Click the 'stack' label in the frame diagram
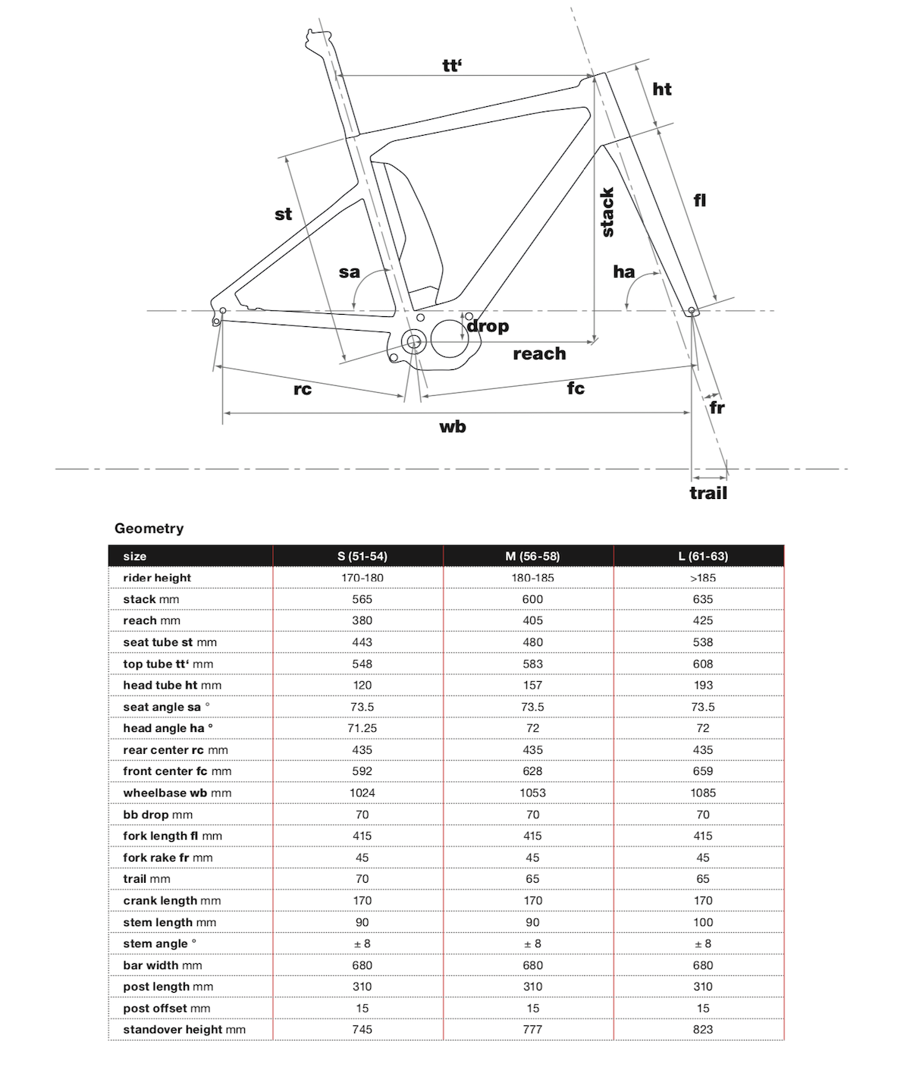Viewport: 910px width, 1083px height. [607, 213]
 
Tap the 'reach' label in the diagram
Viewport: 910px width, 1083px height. [539, 354]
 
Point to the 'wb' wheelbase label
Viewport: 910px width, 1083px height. [453, 427]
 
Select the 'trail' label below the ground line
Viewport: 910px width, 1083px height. [708, 494]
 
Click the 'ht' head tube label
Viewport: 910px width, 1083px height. [662, 89]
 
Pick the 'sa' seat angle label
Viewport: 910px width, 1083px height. [349, 272]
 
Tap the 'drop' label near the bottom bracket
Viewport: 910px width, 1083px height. [488, 326]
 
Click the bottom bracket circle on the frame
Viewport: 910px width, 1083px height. [413, 342]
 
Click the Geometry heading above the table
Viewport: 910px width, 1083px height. [149, 529]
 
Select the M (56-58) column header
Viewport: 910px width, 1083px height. [532, 556]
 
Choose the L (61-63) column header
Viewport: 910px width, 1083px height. [703, 556]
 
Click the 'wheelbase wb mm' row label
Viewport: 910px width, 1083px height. [177, 793]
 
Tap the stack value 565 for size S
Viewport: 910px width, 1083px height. [362, 599]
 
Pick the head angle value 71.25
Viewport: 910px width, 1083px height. [362, 728]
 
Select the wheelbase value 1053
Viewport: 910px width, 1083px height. [532, 793]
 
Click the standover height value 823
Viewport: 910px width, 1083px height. [703, 1029]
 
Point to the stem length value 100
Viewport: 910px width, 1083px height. [703, 922]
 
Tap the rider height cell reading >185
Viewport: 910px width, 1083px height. [703, 578]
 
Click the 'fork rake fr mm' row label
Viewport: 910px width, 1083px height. [168, 858]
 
